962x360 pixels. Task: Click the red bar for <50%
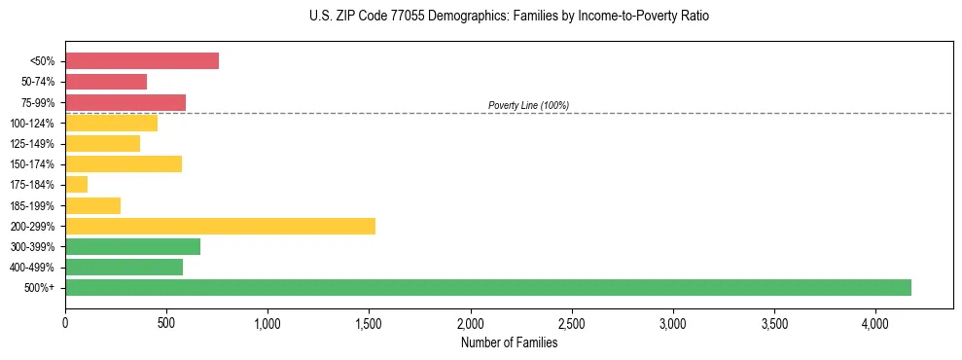coord(142,61)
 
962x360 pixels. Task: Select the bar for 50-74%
coord(106,82)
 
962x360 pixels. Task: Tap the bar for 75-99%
coord(125,102)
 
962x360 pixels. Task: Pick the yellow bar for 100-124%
coord(111,124)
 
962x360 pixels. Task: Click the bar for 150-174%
coord(124,164)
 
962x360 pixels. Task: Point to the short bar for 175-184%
coord(77,185)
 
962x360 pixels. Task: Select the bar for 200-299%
coord(220,226)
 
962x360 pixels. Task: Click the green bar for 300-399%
coord(132,246)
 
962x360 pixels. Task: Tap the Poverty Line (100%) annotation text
coord(528,105)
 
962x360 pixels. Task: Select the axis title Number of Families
coord(509,342)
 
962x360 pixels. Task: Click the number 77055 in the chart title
coord(382,17)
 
